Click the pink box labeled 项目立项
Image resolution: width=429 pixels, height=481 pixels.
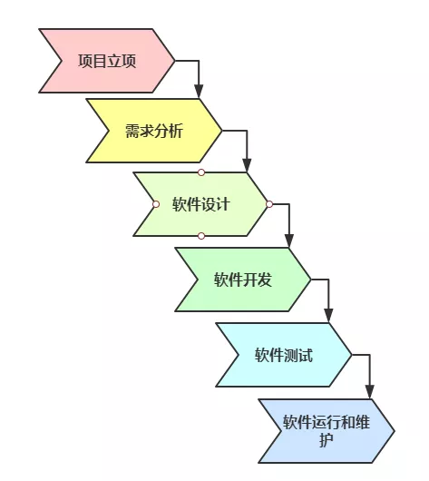(x=107, y=61)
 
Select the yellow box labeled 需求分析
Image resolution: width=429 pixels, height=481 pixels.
(x=154, y=131)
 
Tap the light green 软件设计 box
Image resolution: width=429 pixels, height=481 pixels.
(x=200, y=204)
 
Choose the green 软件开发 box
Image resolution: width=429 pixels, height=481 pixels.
(x=243, y=280)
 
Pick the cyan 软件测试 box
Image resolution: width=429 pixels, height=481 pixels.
(x=284, y=355)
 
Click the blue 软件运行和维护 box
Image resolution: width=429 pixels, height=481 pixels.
(x=327, y=431)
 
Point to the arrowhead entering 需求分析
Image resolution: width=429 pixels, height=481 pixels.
(x=199, y=92)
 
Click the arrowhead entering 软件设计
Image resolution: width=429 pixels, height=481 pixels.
(x=247, y=166)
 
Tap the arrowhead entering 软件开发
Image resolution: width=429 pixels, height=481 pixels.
(x=288, y=241)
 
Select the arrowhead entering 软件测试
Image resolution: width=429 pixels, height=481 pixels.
(x=328, y=316)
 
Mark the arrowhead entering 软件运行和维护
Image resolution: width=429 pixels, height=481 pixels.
(x=370, y=392)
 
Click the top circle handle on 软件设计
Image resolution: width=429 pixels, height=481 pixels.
(x=201, y=172)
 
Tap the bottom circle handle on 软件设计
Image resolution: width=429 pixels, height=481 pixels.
(x=201, y=236)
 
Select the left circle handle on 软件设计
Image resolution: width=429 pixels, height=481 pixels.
(x=156, y=204)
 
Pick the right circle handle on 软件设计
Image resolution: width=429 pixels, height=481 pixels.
(x=269, y=204)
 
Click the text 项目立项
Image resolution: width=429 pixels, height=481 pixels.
(x=107, y=61)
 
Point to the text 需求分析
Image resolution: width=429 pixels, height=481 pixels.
(x=154, y=131)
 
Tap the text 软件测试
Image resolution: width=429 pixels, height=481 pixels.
(x=284, y=355)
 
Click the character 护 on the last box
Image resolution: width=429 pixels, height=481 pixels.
(x=327, y=440)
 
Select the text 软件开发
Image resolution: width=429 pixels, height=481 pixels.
(x=243, y=280)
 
